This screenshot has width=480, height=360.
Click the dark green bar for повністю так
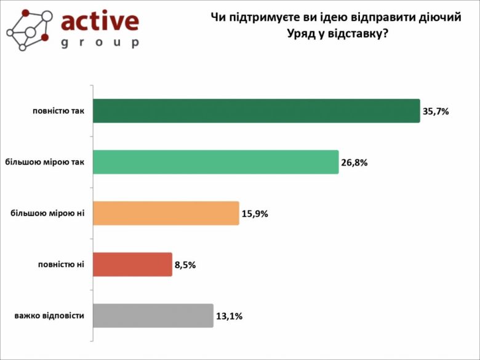point(256,111)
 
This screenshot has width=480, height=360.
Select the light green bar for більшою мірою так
point(215,162)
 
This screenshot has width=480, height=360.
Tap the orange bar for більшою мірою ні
point(166,213)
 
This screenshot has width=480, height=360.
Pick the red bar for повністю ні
point(132,264)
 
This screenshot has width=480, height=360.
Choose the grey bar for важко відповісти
point(153,316)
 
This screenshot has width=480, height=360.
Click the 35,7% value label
point(436,111)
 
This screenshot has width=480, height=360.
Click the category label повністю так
point(58,111)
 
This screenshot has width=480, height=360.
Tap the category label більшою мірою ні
point(47,213)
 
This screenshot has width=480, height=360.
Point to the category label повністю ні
point(61,264)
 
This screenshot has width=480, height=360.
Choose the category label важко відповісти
point(49,316)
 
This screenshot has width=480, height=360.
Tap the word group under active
point(100,43)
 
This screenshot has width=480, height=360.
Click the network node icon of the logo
point(28,30)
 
